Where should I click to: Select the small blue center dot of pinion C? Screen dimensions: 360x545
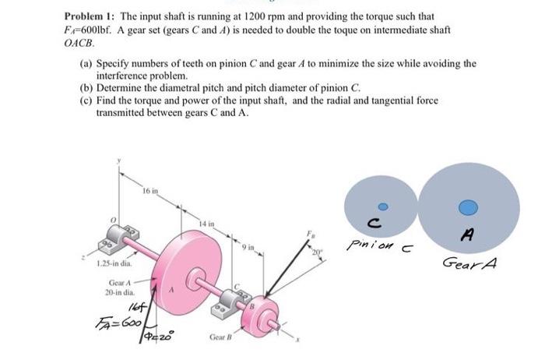point(381,207)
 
